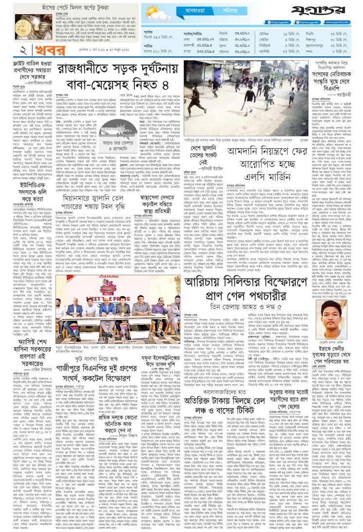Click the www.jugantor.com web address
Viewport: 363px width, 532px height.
pyautogui.click(x=341, y=23)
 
